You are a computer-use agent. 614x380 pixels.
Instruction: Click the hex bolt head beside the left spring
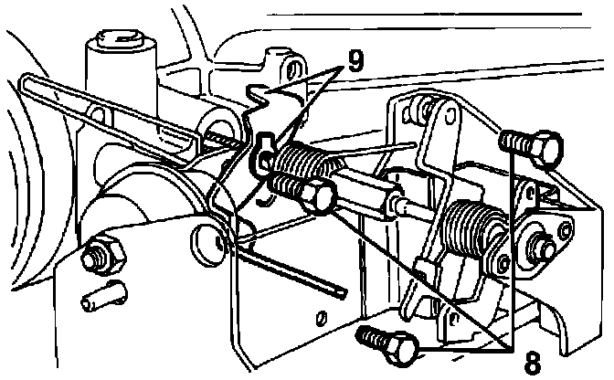coord(313,192)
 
